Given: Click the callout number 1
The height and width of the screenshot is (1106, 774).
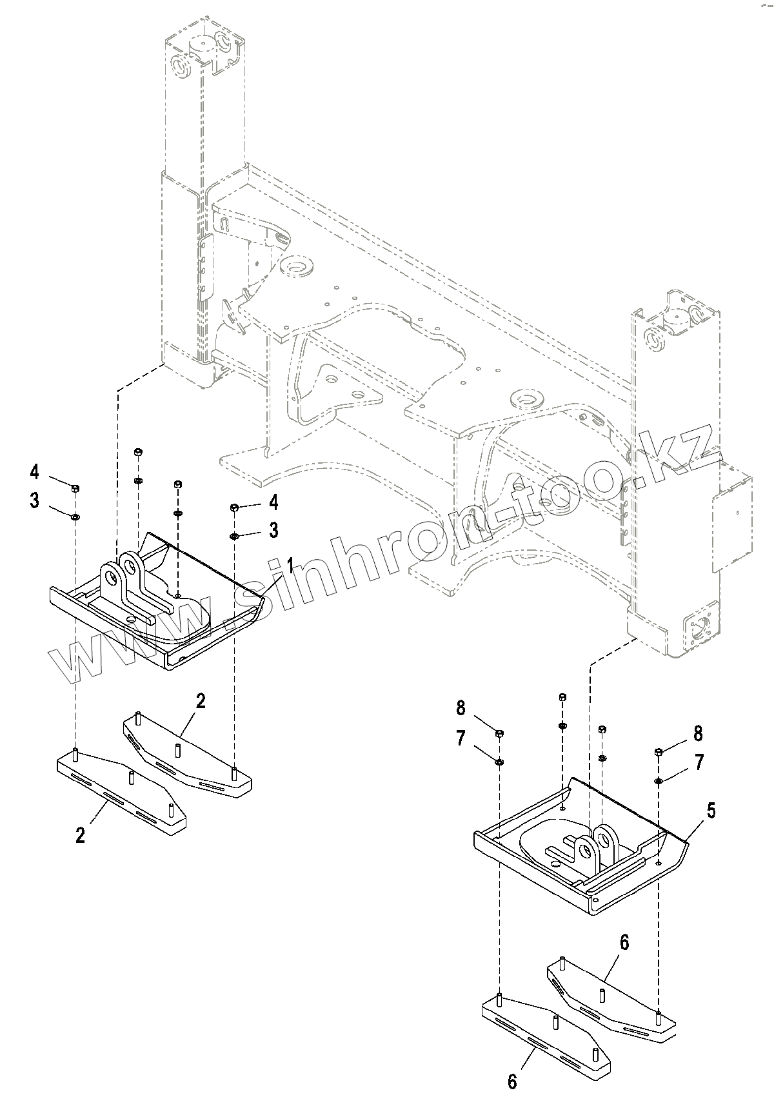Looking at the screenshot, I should coord(290,567).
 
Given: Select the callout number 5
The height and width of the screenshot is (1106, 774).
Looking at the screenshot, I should coord(711,811).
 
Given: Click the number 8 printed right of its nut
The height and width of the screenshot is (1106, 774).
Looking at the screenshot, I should coord(698,733).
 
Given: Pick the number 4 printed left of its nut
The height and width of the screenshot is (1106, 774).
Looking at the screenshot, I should coord(34,472).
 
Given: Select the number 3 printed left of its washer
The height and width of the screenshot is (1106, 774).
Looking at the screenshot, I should coord(34,501).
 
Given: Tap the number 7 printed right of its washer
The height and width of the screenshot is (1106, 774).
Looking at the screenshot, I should coord(698,762).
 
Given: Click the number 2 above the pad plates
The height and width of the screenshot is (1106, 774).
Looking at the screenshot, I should coord(201,702).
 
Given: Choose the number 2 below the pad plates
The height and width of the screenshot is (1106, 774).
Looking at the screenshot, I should coord(80,835).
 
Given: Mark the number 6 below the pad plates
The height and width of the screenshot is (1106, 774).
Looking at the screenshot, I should coord(512,1081).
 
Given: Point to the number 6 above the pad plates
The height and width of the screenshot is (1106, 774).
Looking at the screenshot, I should coord(624,942).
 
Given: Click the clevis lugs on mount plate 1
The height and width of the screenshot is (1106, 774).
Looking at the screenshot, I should coord(123,575).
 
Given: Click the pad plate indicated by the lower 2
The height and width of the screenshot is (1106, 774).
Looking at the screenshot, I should coord(123,790).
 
